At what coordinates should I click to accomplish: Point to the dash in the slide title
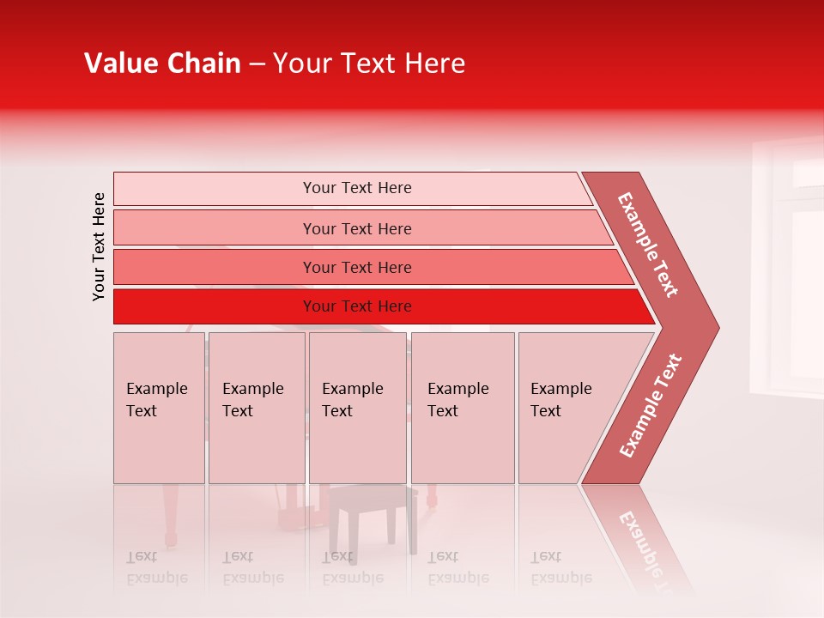pos(257,64)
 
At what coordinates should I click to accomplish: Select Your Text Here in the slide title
pos(369,64)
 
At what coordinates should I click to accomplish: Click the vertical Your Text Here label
pos(99,246)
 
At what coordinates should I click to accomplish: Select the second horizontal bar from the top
pos(356,228)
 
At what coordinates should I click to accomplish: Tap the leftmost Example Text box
pos(159,407)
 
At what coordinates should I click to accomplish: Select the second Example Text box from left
pos(256,407)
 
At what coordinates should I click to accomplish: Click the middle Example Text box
pos(357,407)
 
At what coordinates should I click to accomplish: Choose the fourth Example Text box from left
pos(462,407)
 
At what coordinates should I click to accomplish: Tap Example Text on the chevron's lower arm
pos(651,405)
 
